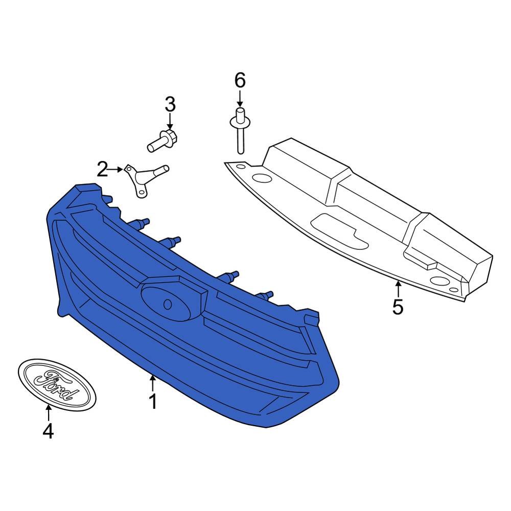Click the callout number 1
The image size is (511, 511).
tap(153, 401)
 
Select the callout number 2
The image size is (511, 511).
tap(102, 170)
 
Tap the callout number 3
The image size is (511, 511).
tap(170, 105)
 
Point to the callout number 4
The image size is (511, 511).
tap(48, 431)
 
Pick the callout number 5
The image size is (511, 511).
tap(398, 307)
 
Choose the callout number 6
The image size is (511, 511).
tap(240, 81)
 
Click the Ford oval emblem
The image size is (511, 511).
tap(57, 385)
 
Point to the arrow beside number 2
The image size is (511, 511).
tap(117, 170)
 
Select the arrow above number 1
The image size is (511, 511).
tap(152, 383)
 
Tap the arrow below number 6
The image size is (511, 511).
tap(240, 99)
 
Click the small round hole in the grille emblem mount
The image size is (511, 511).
tap(168, 305)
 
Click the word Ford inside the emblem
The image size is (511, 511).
tap(57, 385)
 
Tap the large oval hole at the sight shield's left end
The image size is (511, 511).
tap(262, 178)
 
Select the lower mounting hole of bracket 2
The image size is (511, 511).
tap(142, 193)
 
